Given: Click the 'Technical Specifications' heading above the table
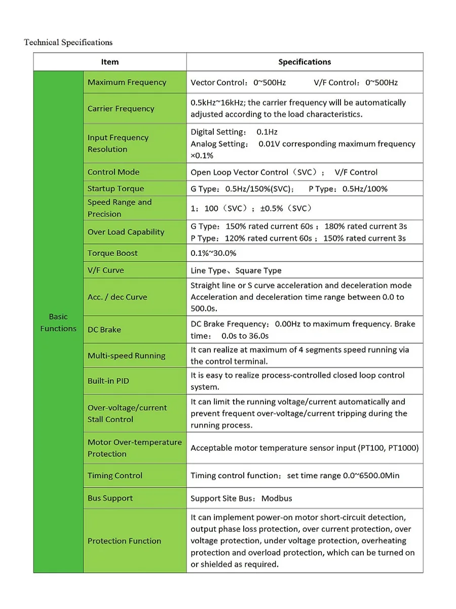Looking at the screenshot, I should pos(68,42).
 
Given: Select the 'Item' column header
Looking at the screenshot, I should pos(109,62).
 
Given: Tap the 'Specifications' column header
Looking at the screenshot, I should pos(305,62).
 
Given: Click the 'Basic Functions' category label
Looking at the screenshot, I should pos(58,322).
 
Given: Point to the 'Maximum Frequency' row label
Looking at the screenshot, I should pos(127,82).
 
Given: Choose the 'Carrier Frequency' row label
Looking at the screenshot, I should pos(121,109).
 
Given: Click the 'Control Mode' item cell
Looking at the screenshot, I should pos(113,172).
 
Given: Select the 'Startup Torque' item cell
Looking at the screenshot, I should pos(116,189).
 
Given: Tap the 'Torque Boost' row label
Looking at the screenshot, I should pos(112,253).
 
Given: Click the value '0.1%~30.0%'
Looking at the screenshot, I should pos(213,253).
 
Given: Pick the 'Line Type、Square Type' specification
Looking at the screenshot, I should pos(236,270).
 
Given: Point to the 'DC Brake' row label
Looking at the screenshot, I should pos(104,330).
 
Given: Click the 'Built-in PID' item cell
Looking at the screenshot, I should pos(108,381).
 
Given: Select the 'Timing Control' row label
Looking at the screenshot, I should pos(115,476).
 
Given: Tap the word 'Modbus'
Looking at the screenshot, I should pos(277,498).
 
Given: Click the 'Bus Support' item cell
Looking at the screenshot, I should pos(110,498).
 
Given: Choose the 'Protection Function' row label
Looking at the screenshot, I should pos(124,541).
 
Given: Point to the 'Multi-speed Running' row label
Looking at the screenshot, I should pos(126,356).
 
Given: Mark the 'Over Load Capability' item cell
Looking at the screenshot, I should pos(126,232).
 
